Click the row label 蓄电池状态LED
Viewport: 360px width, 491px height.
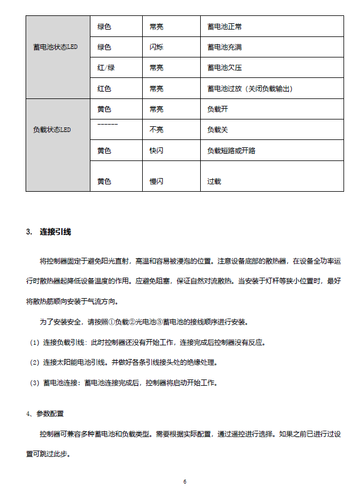click(55, 47)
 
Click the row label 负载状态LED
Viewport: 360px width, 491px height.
click(52, 130)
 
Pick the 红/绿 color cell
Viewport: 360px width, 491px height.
click(106, 68)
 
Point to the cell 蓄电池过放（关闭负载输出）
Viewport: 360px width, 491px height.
click(250, 89)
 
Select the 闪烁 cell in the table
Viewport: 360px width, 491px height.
click(156, 47)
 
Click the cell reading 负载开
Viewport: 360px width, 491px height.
click(218, 109)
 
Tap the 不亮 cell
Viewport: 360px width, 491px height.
click(156, 130)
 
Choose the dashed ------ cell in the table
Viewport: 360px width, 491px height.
click(107, 123)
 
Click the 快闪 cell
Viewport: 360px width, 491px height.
click(156, 151)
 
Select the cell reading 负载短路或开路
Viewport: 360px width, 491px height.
click(231, 151)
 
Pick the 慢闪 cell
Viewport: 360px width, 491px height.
click(156, 181)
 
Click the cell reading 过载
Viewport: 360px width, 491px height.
click(214, 181)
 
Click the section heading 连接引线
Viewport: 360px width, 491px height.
click(55, 232)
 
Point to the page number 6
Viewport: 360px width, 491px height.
click(185, 482)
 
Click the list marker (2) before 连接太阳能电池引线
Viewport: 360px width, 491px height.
click(34, 362)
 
